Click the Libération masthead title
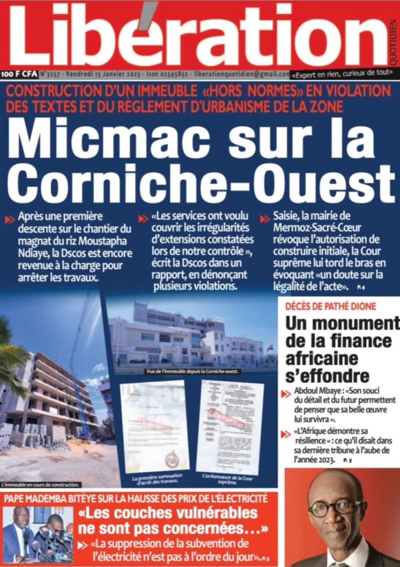(x=196, y=36)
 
